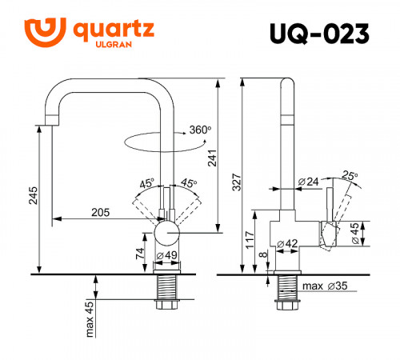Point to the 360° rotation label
click(x=199, y=130)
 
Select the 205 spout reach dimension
click(x=99, y=212)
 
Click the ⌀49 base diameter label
click(x=167, y=255)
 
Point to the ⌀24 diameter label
click(x=308, y=182)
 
